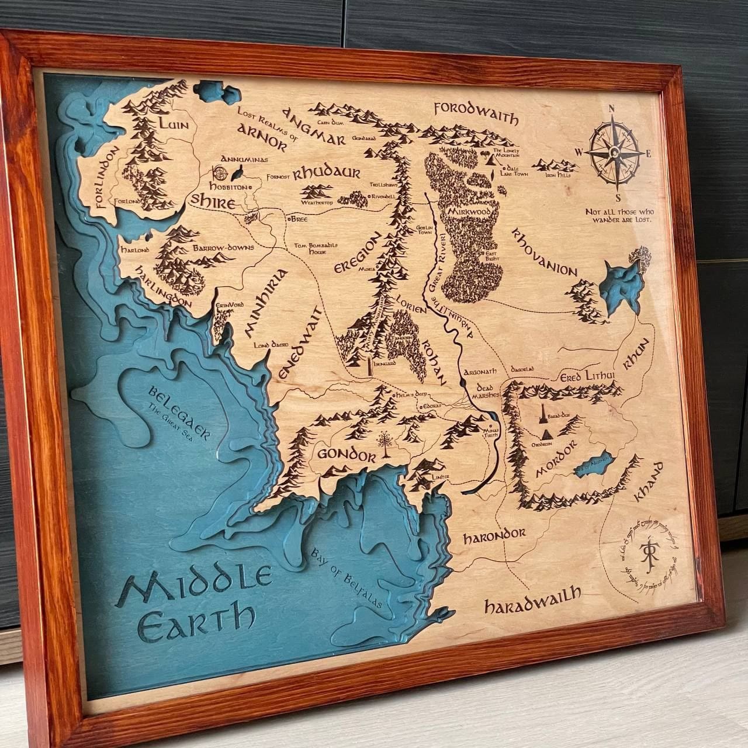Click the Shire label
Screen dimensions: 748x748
[213, 202]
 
